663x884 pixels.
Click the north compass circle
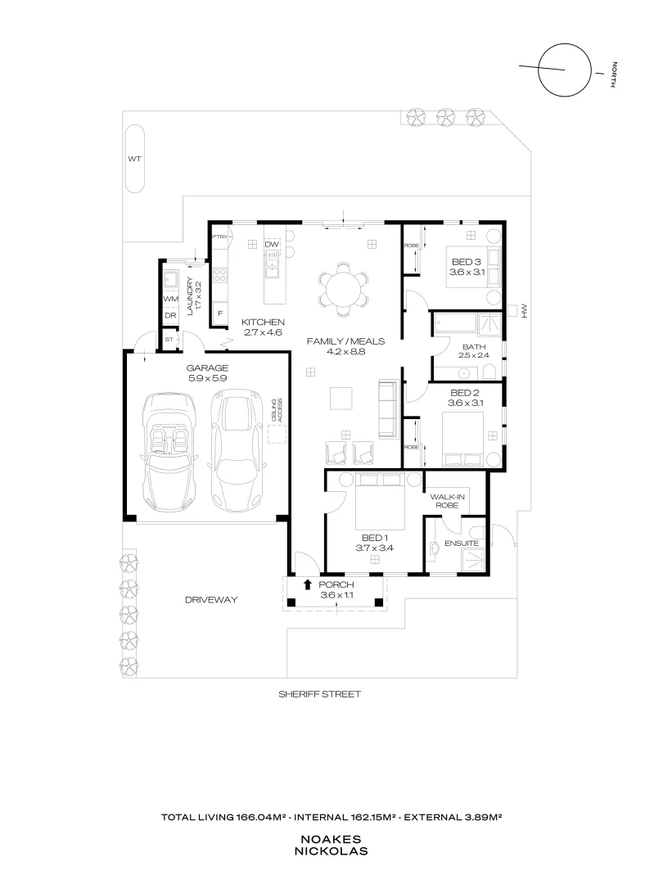564,69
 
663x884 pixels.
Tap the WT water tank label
133,159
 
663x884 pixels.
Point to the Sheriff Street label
319,693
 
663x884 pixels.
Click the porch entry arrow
307,584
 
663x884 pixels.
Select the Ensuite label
461,543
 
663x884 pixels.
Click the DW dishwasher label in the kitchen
273,245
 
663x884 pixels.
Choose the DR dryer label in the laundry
170,315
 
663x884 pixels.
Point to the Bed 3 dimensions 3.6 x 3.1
468,272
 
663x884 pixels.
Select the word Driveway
211,600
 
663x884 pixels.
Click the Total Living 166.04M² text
225,817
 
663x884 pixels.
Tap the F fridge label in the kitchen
219,313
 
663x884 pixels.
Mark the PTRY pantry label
219,237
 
